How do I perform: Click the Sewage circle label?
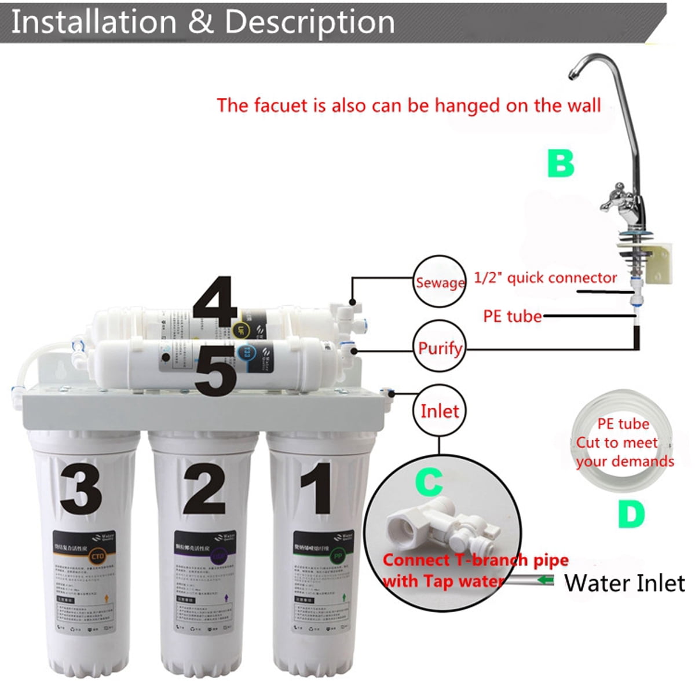tap(440, 282)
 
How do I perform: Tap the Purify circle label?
tap(440, 348)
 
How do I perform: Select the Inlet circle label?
tap(440, 411)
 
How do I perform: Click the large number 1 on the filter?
tap(316, 488)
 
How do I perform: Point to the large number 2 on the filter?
tap(204, 488)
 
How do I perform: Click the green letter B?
tap(561, 163)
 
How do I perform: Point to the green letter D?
tap(631, 513)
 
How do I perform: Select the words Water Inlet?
tap(624, 583)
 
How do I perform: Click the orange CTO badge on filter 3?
tap(97, 557)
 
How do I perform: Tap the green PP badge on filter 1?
tap(337, 556)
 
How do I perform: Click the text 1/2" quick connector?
tap(545, 278)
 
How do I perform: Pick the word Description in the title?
tap(309, 22)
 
